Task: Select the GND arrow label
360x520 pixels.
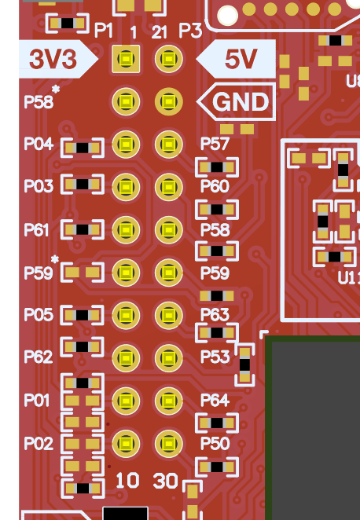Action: point(239,102)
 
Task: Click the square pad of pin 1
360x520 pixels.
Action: point(126,59)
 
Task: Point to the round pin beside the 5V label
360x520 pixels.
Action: point(167,59)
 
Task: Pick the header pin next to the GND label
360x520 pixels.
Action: point(167,101)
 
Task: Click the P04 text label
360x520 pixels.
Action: point(39,145)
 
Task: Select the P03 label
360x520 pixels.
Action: point(39,186)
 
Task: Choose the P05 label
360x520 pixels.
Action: point(39,314)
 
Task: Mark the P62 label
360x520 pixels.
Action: point(39,357)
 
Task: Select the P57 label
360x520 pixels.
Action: point(215,145)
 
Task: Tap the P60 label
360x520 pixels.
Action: point(215,186)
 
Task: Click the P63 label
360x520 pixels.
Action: point(215,315)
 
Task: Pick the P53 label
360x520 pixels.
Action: point(215,357)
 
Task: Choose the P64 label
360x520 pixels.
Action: point(215,401)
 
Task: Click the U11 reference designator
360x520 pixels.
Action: point(349,278)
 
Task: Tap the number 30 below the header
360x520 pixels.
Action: point(165,481)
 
